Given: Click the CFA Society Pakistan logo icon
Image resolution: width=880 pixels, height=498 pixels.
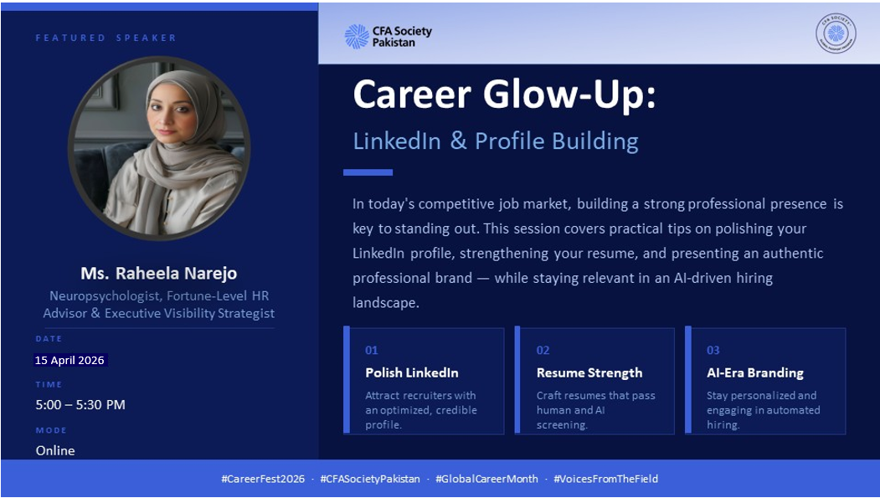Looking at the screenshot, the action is (357, 37).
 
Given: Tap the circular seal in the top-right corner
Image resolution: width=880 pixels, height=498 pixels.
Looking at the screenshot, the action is (836, 33).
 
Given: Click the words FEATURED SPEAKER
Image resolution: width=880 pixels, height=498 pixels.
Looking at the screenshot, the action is (106, 39).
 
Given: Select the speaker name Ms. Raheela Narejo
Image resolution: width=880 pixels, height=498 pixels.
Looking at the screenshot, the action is (159, 273).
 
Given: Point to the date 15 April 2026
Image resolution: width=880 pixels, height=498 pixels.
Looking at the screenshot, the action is (69, 360).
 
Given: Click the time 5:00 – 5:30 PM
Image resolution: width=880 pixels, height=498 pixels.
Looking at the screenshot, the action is (80, 404).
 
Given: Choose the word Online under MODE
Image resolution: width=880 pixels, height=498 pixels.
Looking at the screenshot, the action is (55, 450).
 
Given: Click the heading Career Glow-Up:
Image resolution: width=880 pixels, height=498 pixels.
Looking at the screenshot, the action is (504, 95).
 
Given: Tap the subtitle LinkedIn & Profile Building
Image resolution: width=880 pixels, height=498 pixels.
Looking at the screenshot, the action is (496, 141).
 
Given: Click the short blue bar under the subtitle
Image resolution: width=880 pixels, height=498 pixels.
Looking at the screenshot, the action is (368, 172).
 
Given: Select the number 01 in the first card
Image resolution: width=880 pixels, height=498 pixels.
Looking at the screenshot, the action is (372, 351).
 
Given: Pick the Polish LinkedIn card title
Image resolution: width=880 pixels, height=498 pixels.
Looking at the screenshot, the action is (412, 372).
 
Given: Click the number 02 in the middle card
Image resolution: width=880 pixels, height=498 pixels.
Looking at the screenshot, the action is (543, 351).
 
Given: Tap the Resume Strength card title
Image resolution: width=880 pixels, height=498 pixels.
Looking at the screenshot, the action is (589, 373).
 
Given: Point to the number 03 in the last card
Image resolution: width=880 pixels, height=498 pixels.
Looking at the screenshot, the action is (713, 351).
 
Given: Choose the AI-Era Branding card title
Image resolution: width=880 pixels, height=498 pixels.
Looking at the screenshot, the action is (755, 373).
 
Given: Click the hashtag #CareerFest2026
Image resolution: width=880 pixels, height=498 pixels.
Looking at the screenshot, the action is (263, 479).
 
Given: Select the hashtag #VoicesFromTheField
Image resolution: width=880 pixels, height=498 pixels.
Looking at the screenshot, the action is (605, 479).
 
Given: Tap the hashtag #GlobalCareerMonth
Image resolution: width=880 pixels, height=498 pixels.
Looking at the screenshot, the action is (486, 479).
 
